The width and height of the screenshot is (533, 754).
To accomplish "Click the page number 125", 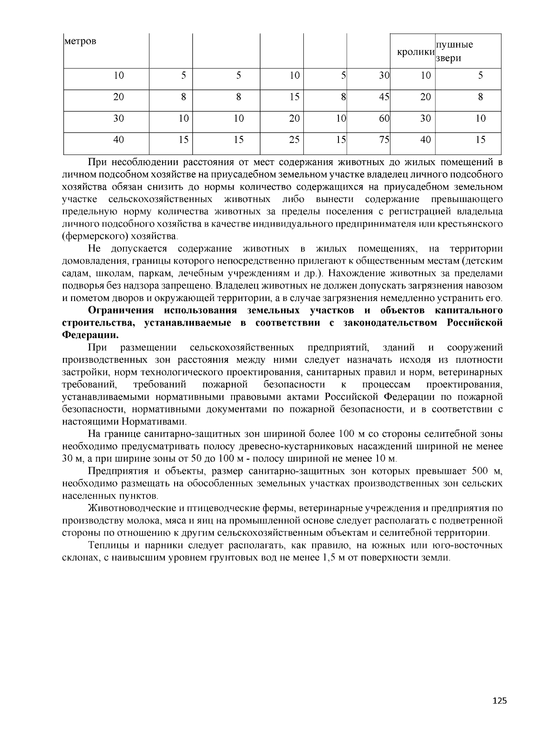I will pyautogui.click(x=499, y=701).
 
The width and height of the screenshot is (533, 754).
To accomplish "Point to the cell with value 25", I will pyautogui.click(x=294, y=140).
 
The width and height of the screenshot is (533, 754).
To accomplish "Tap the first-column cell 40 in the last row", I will pyautogui.click(x=119, y=140).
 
